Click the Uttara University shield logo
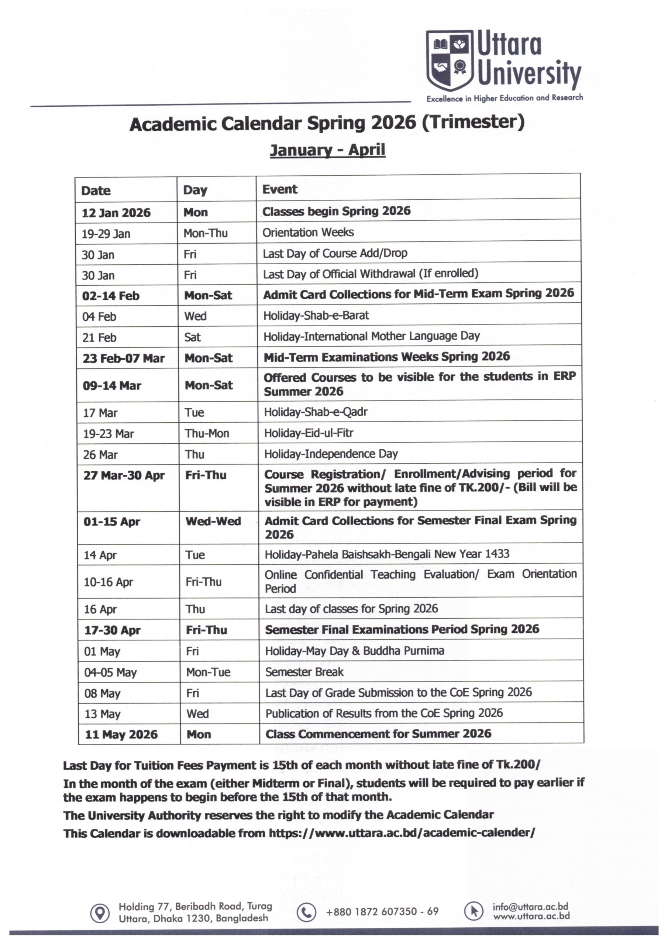click(x=450, y=60)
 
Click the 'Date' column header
click(x=96, y=190)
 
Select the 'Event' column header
click(x=279, y=189)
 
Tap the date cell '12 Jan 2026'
click(x=116, y=213)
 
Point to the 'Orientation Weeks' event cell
click(x=308, y=233)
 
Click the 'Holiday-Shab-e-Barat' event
click(x=316, y=316)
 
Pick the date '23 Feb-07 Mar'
click(x=124, y=358)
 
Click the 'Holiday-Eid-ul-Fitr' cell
click(x=308, y=433)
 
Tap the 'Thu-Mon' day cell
click(x=207, y=433)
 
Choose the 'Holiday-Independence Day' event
click(x=331, y=454)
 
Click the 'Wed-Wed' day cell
click(x=213, y=522)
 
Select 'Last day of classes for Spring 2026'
click(x=351, y=609)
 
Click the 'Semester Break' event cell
click(x=304, y=672)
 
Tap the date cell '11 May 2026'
click(x=121, y=735)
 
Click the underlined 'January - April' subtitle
click(x=327, y=150)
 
